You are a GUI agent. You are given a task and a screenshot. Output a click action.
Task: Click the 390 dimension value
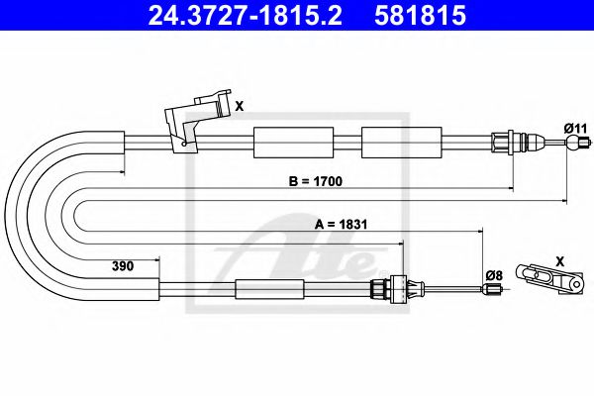[x=122, y=265]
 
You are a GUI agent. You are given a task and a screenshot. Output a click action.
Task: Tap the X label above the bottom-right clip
[x=561, y=259]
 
